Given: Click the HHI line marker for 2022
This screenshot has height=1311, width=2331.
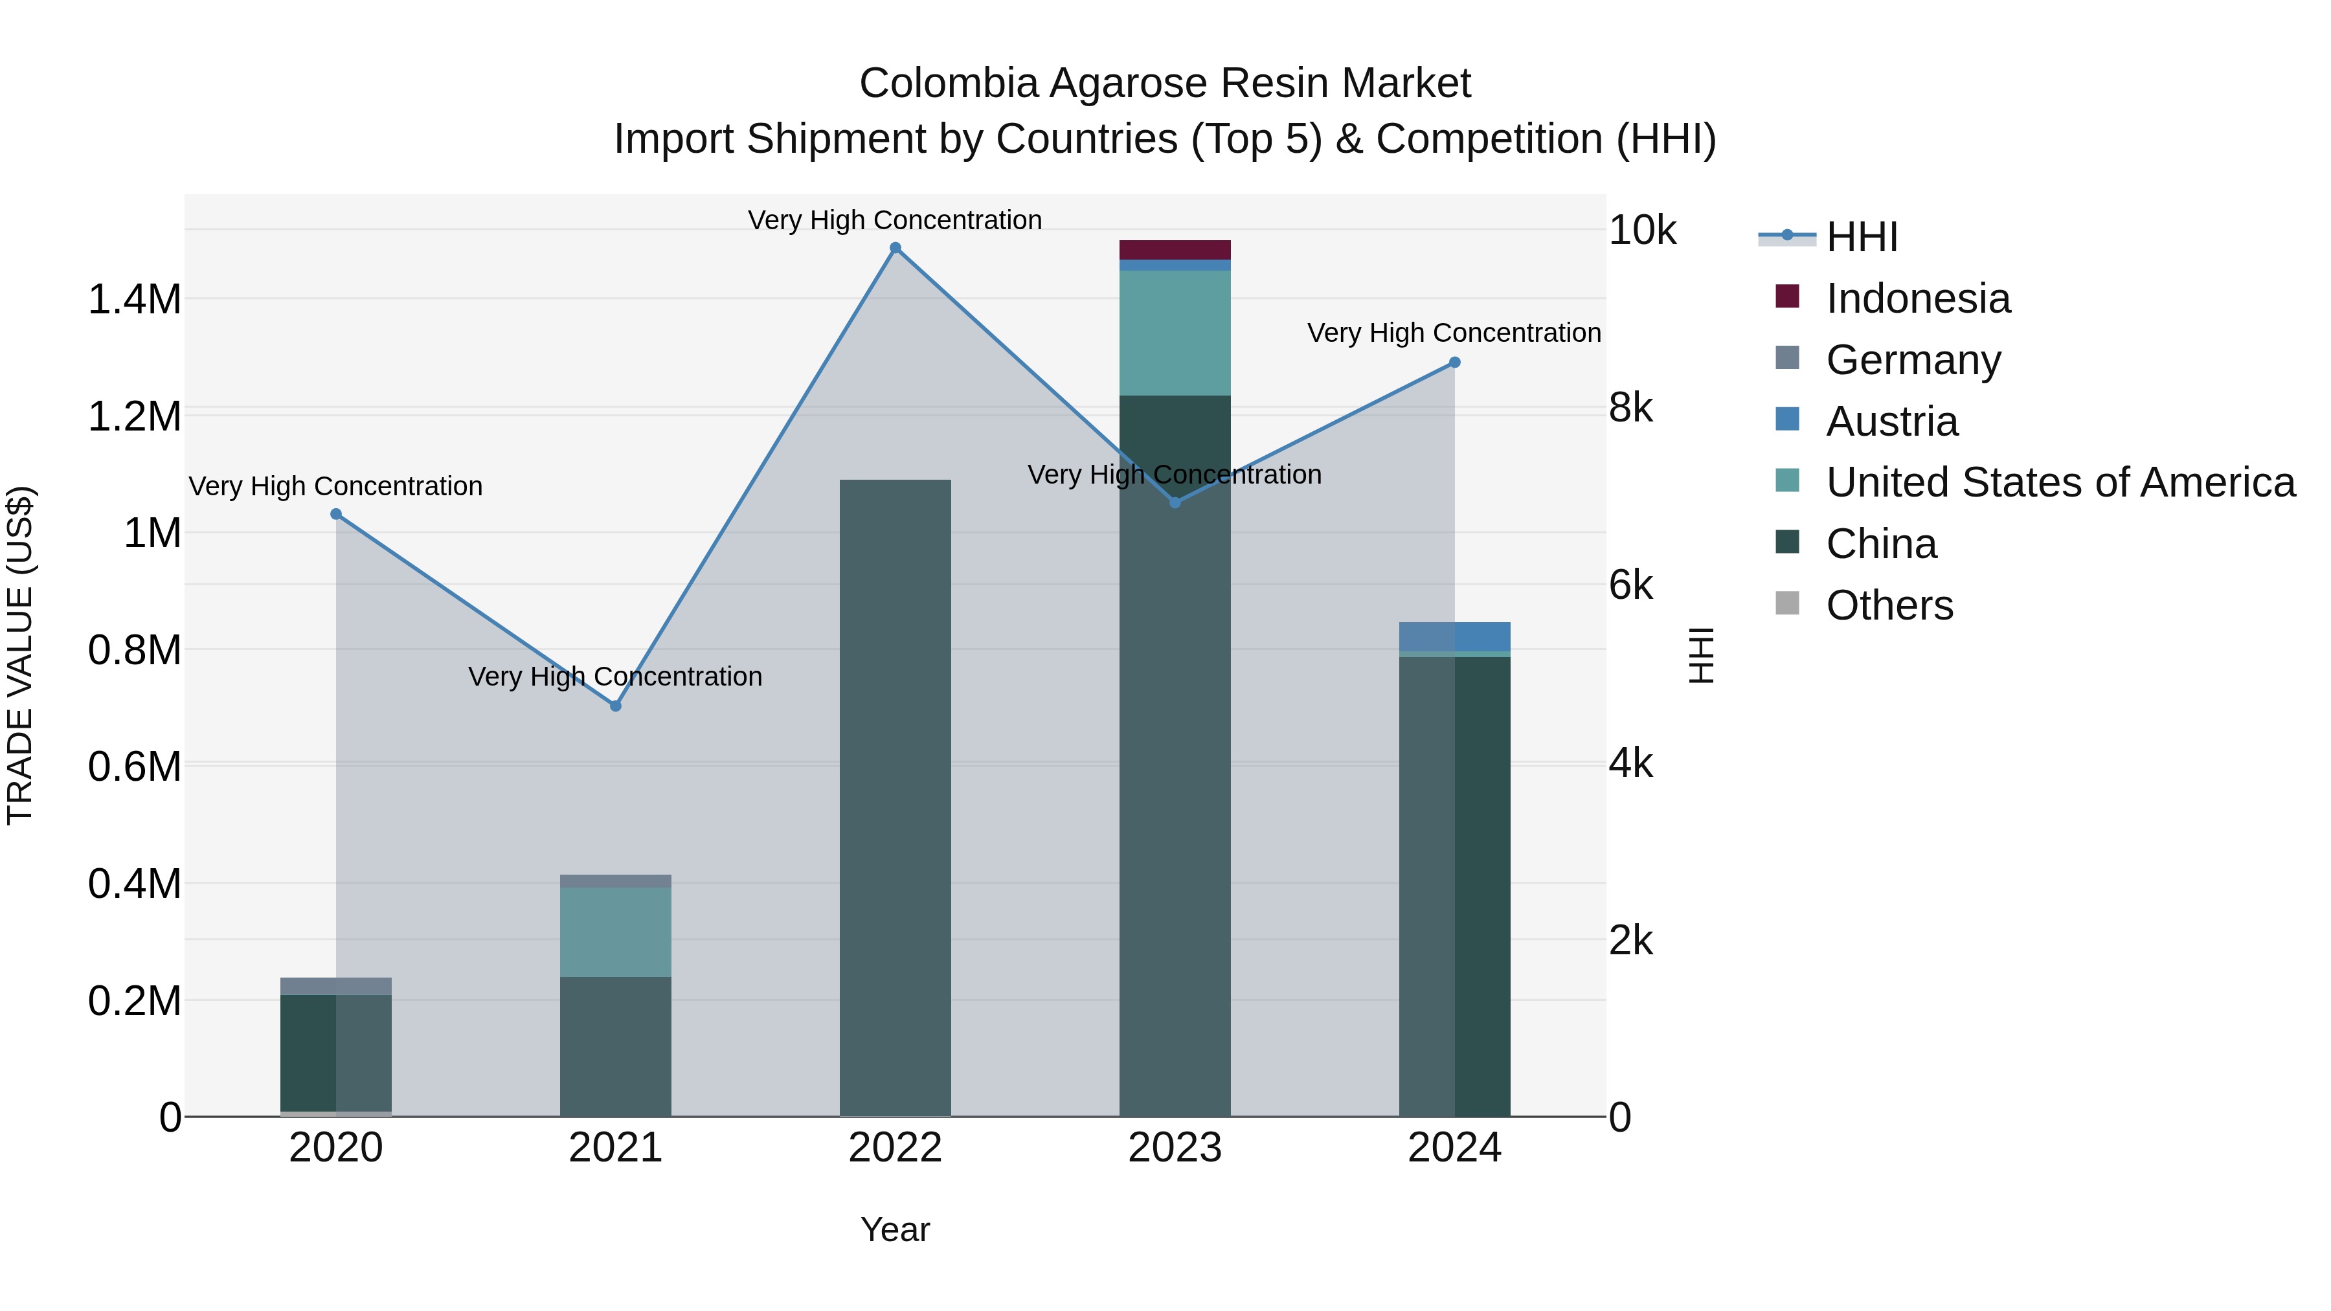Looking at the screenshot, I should pyautogui.click(x=895, y=248).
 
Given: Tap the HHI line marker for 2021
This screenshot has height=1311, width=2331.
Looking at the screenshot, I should pyautogui.click(x=615, y=706).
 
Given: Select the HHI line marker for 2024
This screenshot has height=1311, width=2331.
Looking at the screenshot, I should pyautogui.click(x=1454, y=363).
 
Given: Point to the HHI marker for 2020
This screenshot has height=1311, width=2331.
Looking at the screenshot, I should pyautogui.click(x=335, y=514).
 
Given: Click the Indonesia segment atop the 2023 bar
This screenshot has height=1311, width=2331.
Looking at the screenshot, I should pyautogui.click(x=1175, y=250).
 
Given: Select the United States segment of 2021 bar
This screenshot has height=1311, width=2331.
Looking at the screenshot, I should pyautogui.click(x=615, y=931).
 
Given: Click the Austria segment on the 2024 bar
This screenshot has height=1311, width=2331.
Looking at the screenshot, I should pyautogui.click(x=1454, y=636).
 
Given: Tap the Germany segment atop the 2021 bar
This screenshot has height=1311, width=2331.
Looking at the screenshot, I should pyautogui.click(x=615, y=880).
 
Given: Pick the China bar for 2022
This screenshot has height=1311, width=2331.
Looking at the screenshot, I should pyautogui.click(x=895, y=796).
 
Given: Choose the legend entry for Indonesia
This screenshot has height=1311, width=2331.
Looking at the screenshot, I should pyautogui.click(x=1917, y=298).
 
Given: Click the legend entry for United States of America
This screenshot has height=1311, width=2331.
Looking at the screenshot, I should pyautogui.click(x=2060, y=482).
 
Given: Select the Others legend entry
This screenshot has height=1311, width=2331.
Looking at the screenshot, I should pyautogui.click(x=1889, y=605).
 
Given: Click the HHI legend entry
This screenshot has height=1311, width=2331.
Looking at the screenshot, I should pyautogui.click(x=1860, y=237).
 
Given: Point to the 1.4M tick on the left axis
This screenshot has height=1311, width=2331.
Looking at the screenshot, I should pyautogui.click(x=134, y=300).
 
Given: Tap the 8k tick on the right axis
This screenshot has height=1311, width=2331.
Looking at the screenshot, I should pyautogui.click(x=1630, y=408).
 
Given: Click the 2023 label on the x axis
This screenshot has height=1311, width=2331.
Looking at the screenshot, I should pyautogui.click(x=1175, y=1148).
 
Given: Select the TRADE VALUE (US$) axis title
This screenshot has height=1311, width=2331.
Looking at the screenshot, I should pyautogui.click(x=20, y=655).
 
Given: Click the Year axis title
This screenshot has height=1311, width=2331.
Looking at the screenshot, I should pyautogui.click(x=895, y=1229).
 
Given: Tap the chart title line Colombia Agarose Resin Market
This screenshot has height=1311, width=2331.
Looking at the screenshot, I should pyautogui.click(x=1165, y=84).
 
